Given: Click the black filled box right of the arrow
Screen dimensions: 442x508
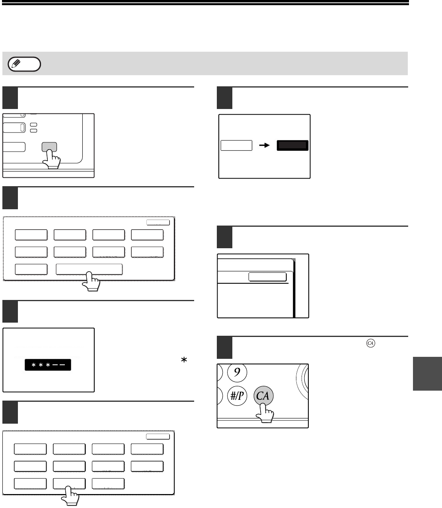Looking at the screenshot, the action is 293,146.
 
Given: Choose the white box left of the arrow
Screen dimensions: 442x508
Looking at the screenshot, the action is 236,146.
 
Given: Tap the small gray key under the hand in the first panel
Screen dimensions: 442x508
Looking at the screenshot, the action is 49,147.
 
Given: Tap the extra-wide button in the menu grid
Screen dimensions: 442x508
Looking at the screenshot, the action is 89,269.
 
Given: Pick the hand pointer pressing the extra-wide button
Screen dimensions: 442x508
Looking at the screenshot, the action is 91,281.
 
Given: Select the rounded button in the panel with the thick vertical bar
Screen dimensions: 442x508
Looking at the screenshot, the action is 267,277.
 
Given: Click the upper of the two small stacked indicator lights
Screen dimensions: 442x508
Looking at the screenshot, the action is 34,125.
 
